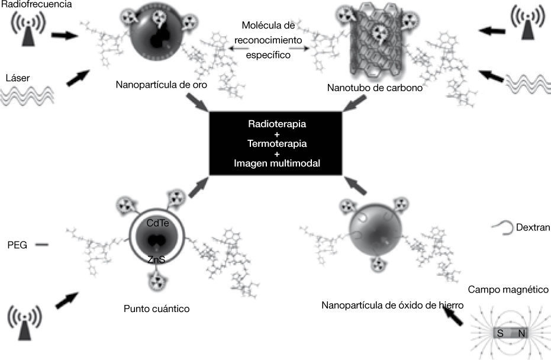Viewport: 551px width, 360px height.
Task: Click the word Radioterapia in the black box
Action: point(276,126)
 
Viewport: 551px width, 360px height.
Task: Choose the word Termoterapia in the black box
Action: point(276,144)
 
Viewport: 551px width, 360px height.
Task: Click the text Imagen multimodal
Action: point(276,163)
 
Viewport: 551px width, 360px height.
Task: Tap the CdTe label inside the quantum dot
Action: point(156,223)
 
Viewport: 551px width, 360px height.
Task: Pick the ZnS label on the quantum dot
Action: point(156,259)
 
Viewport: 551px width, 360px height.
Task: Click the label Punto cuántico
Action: point(156,308)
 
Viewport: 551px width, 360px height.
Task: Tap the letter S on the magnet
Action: point(500,334)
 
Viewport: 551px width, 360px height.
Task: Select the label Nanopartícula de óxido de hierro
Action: point(392,306)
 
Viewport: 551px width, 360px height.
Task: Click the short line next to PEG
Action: point(41,243)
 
